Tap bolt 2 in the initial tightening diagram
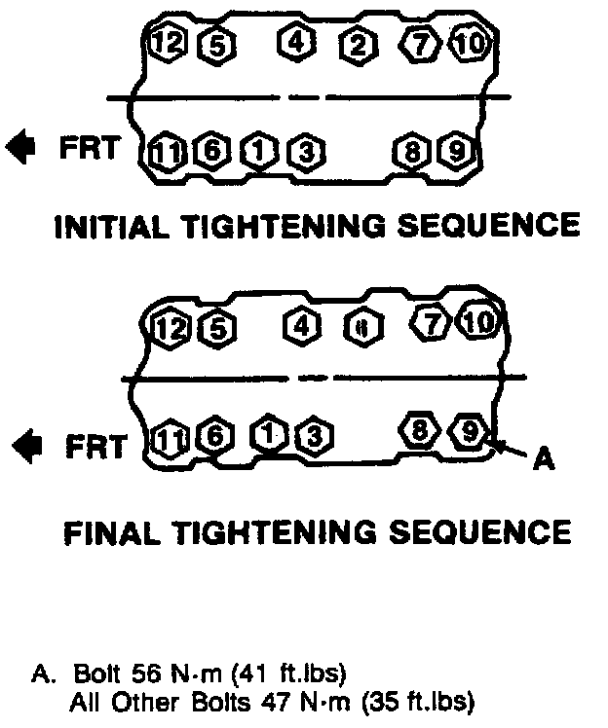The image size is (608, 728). [359, 44]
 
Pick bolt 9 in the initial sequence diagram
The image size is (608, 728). [455, 151]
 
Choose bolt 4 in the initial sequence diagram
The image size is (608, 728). [296, 42]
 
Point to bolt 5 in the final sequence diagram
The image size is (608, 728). [216, 328]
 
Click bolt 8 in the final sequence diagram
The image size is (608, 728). [420, 431]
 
